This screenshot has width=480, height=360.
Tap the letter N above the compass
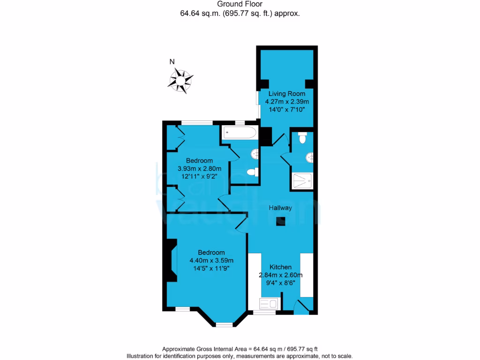[172, 61]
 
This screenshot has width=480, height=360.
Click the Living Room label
[286, 94]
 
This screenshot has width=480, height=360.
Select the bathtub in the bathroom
[240, 133]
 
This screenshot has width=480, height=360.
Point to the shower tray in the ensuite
[303, 181]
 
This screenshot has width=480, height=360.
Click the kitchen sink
[269, 304]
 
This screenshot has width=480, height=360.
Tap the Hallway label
[280, 208]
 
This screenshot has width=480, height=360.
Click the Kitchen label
[280, 267]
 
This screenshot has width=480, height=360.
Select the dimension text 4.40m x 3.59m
[211, 261]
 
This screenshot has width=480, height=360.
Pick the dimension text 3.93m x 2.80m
[199, 169]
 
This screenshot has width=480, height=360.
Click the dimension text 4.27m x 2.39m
[287, 102]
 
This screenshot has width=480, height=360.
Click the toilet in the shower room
[302, 138]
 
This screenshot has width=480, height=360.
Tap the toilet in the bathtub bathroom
[252, 172]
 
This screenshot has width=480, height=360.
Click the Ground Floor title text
[240, 4]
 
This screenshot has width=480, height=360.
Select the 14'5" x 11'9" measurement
[211, 269]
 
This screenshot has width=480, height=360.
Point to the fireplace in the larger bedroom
[172, 261]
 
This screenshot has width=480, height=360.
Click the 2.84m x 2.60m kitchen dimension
[280, 275]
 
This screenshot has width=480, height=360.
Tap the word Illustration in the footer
[142, 356]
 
